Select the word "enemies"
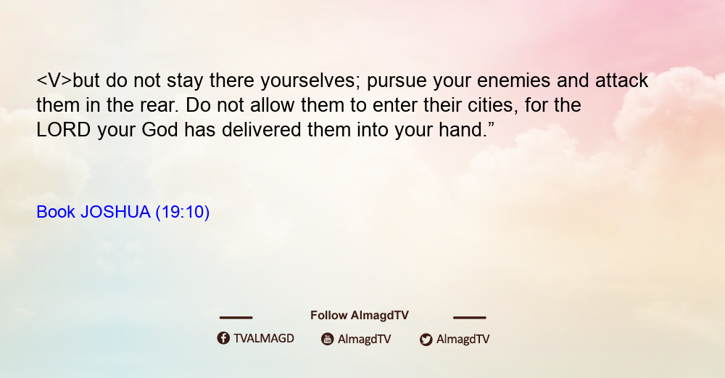(x=513, y=81)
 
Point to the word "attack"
(x=621, y=81)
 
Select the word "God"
(x=159, y=130)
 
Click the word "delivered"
(x=261, y=130)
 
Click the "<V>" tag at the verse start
(x=54, y=81)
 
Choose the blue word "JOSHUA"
(x=115, y=212)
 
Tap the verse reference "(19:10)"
(x=182, y=213)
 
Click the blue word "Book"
(x=56, y=212)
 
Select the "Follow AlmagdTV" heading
(x=360, y=316)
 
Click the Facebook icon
(x=223, y=338)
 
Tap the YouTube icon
(x=328, y=339)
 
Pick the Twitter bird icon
(x=426, y=340)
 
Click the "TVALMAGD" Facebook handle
(x=264, y=339)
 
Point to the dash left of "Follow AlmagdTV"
(x=236, y=317)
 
